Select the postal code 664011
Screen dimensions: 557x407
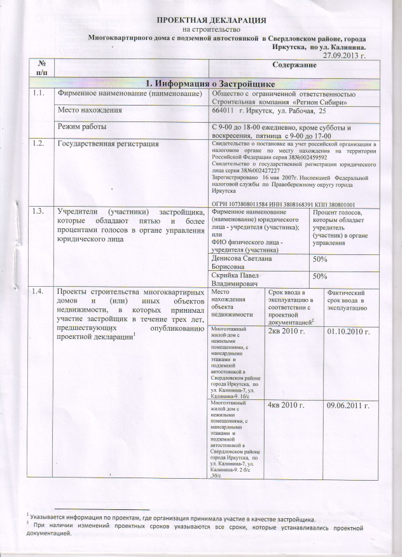(223, 111)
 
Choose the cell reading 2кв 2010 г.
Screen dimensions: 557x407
(287, 332)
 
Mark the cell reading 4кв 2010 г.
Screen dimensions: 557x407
(287, 405)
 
